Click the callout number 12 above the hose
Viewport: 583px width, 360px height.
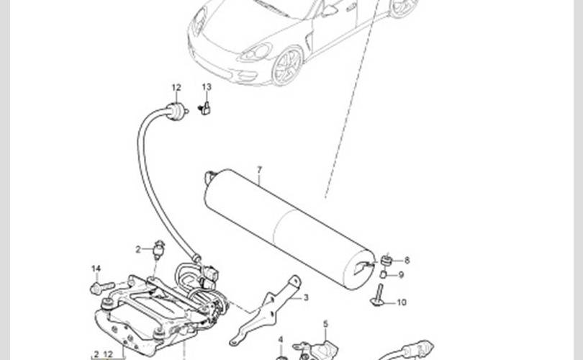pos(176,88)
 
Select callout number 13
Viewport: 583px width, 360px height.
pos(207,87)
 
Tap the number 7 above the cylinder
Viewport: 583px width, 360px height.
pos(260,170)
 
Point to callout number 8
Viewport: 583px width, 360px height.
pos(407,261)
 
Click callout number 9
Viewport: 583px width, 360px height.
pos(401,275)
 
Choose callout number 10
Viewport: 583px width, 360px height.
pos(402,302)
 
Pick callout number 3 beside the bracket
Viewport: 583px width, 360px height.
pos(306,297)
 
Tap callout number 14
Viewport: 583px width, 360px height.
pos(96,269)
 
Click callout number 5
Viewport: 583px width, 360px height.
pos(326,324)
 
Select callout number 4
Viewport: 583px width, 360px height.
pos(281,340)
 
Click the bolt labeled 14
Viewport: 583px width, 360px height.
pos(101,287)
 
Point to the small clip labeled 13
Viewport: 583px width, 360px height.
pos(205,108)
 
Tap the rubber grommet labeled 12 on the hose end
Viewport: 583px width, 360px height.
pos(176,110)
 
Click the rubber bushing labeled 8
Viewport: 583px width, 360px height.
pos(387,261)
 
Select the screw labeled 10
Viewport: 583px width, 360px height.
pos(379,295)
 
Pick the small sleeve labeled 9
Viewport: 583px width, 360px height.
pos(383,275)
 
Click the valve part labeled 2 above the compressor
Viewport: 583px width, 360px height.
pos(159,249)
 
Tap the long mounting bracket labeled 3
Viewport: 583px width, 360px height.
pos(266,310)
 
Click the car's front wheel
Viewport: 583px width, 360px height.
pos(287,66)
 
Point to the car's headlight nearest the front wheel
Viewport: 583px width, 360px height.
pos(256,53)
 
